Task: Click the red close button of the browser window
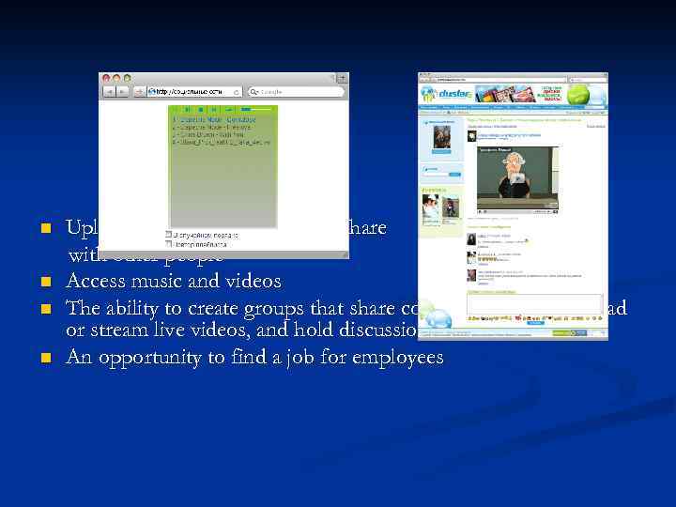pos(105,78)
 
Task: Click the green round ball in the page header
pos(590,95)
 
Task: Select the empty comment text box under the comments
pos(535,303)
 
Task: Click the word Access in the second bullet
pos(96,281)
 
